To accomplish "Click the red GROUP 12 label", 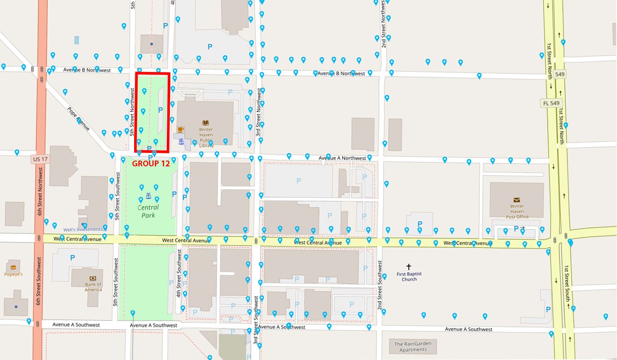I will click(x=151, y=164).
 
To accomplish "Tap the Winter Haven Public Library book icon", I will click(x=206, y=122).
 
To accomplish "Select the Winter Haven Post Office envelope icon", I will click(x=517, y=200).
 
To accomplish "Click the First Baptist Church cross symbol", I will click(x=409, y=267).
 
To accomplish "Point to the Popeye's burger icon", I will click(x=13, y=267).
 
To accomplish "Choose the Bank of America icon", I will click(x=93, y=278).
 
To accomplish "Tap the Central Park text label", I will click(x=148, y=212).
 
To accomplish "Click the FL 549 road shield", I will click(x=551, y=103).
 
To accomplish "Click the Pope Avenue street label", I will click(x=78, y=119).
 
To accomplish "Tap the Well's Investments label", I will click(x=83, y=229).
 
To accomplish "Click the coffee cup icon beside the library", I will click(x=181, y=130).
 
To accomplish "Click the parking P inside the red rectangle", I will click(x=161, y=110).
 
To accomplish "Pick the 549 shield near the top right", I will click(x=559, y=74).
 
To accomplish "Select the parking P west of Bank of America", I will click(x=72, y=258).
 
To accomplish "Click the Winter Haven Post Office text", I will click(x=517, y=212).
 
